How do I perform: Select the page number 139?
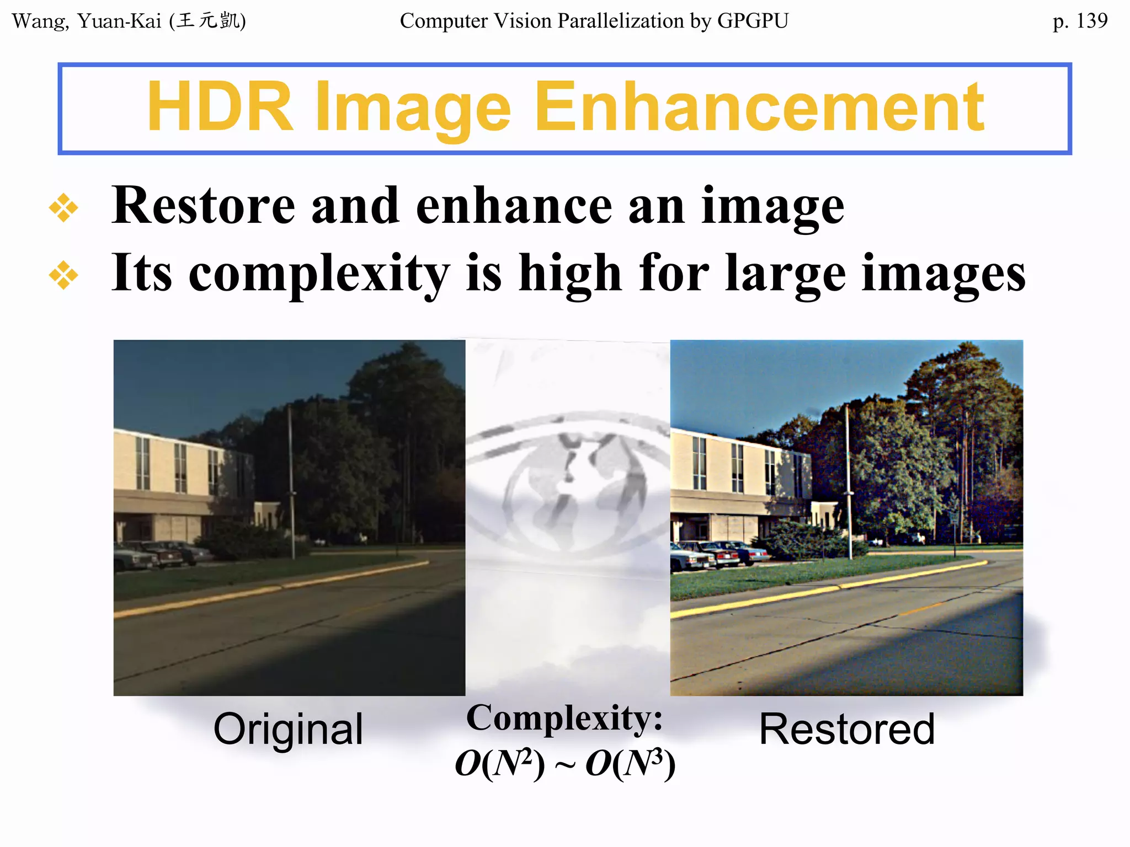[x=1091, y=21]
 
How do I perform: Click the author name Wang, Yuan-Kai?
[x=87, y=21]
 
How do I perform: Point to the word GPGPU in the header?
[x=753, y=21]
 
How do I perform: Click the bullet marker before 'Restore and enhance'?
[x=63, y=208]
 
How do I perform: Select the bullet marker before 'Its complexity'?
[x=63, y=275]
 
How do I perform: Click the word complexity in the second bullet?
[x=319, y=274]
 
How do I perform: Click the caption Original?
[x=288, y=729]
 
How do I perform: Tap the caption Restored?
[x=847, y=729]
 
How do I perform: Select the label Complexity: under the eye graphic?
[x=564, y=718]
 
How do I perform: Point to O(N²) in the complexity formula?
[x=500, y=764]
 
